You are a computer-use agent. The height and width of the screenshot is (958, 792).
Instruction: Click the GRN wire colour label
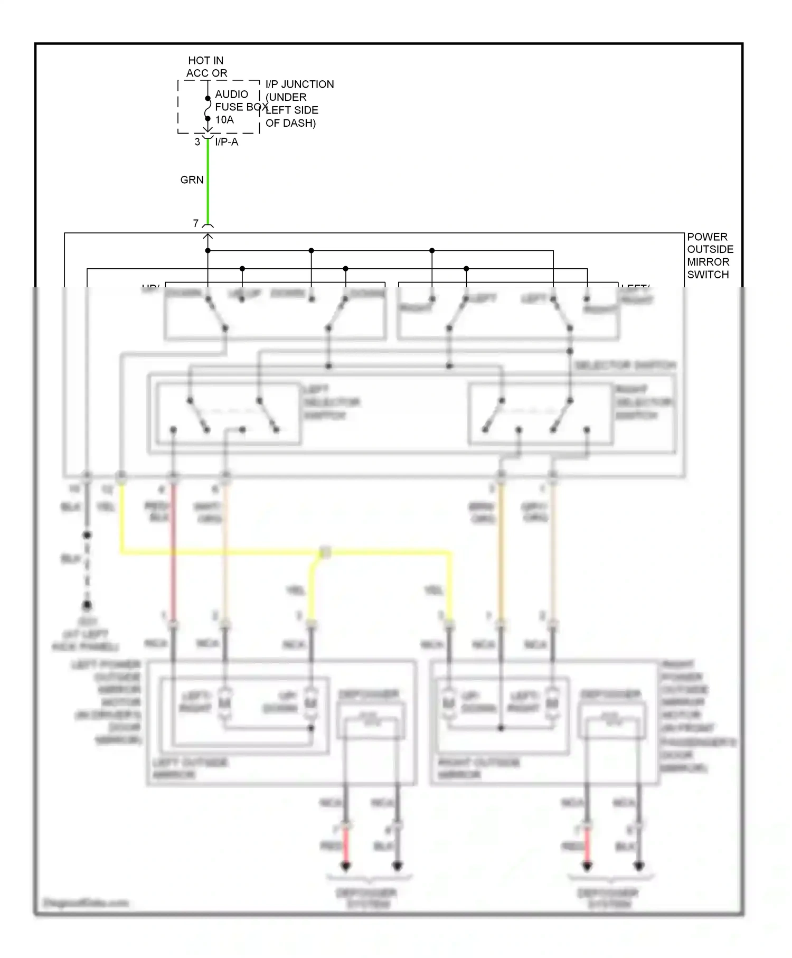[192, 180]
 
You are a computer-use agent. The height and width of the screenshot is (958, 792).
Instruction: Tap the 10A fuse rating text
[224, 120]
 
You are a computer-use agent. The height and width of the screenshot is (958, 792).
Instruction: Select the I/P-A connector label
[227, 142]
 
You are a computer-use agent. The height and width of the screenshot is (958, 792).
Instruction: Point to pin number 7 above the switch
[196, 223]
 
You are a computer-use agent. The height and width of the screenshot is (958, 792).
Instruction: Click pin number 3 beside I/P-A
[197, 142]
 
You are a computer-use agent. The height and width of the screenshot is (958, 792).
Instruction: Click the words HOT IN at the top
[205, 61]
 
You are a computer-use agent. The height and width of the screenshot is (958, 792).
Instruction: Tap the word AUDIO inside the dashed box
[231, 95]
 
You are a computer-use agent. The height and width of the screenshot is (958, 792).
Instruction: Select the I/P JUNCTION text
[299, 84]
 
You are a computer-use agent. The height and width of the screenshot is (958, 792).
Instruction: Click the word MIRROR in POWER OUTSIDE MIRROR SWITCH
[708, 262]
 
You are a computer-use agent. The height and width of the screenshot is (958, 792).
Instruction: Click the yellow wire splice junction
[325, 553]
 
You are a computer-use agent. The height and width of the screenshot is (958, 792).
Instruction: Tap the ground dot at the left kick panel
[87, 605]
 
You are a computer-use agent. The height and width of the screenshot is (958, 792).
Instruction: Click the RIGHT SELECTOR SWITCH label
[643, 402]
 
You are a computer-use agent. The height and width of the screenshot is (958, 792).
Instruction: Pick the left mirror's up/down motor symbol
[310, 703]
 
